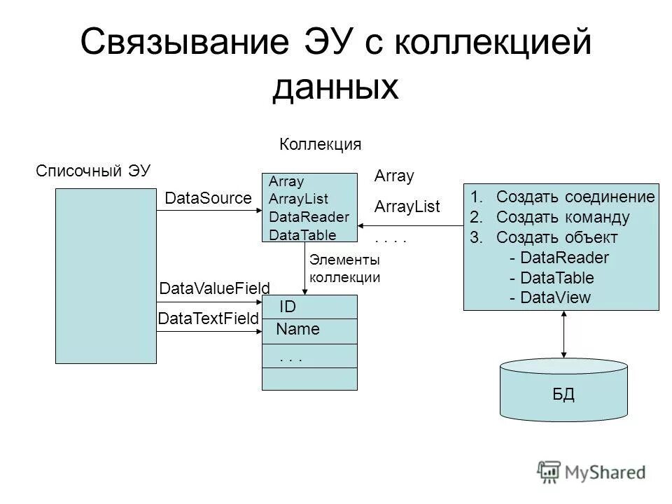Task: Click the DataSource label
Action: point(207,199)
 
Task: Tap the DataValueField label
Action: point(215,288)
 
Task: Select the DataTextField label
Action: point(209,319)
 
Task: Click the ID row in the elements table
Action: point(309,307)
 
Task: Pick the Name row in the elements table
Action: point(309,330)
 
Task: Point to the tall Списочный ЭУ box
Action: point(106,276)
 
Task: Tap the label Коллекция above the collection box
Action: point(321,145)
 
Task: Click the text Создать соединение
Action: point(575,197)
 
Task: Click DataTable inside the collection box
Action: point(302,235)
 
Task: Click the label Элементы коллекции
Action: point(344,268)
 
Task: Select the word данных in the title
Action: point(335,88)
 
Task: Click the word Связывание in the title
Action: point(183,43)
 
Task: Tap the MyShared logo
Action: point(592,471)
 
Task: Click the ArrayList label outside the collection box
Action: point(407,206)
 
